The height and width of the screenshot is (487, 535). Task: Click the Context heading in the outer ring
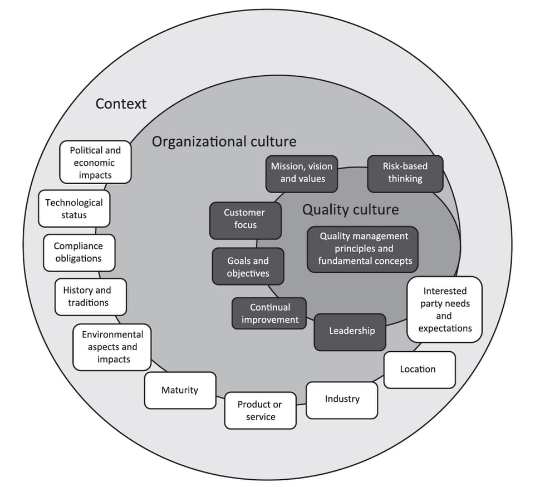(x=121, y=104)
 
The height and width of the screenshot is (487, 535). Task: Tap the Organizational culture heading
(x=224, y=141)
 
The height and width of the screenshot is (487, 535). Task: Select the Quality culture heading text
(x=350, y=210)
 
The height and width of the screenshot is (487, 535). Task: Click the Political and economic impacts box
(x=95, y=163)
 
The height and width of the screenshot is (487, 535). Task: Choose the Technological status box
(x=74, y=209)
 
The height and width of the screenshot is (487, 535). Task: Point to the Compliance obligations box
(x=78, y=252)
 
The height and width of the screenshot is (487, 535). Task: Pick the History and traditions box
(x=90, y=297)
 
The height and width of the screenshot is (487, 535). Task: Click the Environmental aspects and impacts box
(x=112, y=347)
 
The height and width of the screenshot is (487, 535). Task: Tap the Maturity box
(x=180, y=390)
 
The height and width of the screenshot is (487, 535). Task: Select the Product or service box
(x=260, y=411)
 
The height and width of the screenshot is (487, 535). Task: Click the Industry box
(x=342, y=399)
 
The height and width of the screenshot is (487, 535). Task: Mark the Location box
(x=419, y=370)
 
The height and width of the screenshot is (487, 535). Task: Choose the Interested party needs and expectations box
(x=444, y=309)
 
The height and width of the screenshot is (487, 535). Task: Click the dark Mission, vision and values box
(x=302, y=173)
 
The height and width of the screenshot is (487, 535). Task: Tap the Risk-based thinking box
(x=405, y=173)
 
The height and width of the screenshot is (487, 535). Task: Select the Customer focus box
(x=244, y=219)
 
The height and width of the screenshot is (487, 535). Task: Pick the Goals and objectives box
(x=248, y=267)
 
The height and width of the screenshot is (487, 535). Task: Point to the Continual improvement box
(x=269, y=313)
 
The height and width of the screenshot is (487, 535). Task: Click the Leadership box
(x=350, y=331)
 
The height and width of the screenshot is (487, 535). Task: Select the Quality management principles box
(x=362, y=249)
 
